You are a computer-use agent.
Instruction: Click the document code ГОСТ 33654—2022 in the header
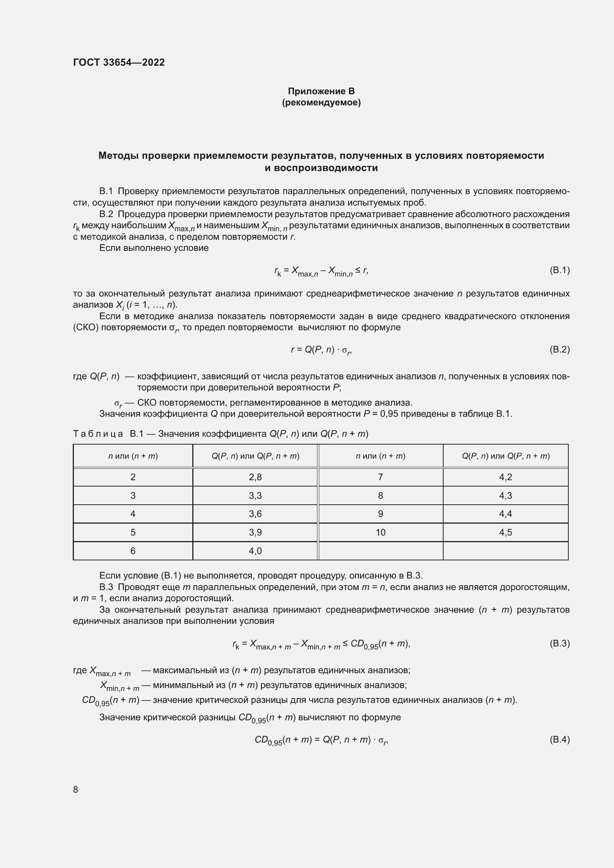click(x=119, y=62)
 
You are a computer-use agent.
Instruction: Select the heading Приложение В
click(x=321, y=91)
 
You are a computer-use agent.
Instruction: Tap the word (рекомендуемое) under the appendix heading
click(x=321, y=102)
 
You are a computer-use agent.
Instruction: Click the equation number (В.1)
click(x=559, y=270)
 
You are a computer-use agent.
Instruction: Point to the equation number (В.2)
click(x=559, y=349)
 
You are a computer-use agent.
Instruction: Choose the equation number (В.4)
click(x=559, y=740)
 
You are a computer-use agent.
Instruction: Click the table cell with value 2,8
click(x=255, y=477)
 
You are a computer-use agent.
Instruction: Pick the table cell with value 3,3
click(x=255, y=496)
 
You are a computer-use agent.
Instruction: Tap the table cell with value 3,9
click(x=255, y=532)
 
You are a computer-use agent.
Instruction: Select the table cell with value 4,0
click(x=255, y=551)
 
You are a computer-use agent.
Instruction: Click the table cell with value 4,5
click(x=506, y=532)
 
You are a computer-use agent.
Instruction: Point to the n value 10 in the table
click(x=381, y=532)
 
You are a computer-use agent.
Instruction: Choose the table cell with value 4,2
click(x=506, y=477)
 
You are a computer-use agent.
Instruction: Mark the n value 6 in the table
click(x=133, y=551)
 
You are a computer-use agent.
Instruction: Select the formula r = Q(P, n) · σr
click(x=321, y=350)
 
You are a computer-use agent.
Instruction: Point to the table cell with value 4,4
click(x=506, y=514)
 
